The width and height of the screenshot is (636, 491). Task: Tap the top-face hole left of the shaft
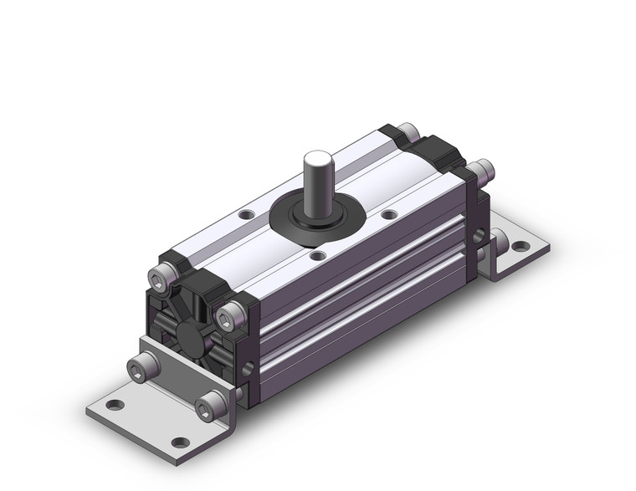[245, 215]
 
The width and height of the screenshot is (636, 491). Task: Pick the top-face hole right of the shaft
[388, 215]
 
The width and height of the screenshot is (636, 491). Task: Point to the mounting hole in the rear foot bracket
[520, 247]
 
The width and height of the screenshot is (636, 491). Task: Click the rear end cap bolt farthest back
[408, 130]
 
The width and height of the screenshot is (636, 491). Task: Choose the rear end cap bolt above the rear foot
[481, 173]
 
